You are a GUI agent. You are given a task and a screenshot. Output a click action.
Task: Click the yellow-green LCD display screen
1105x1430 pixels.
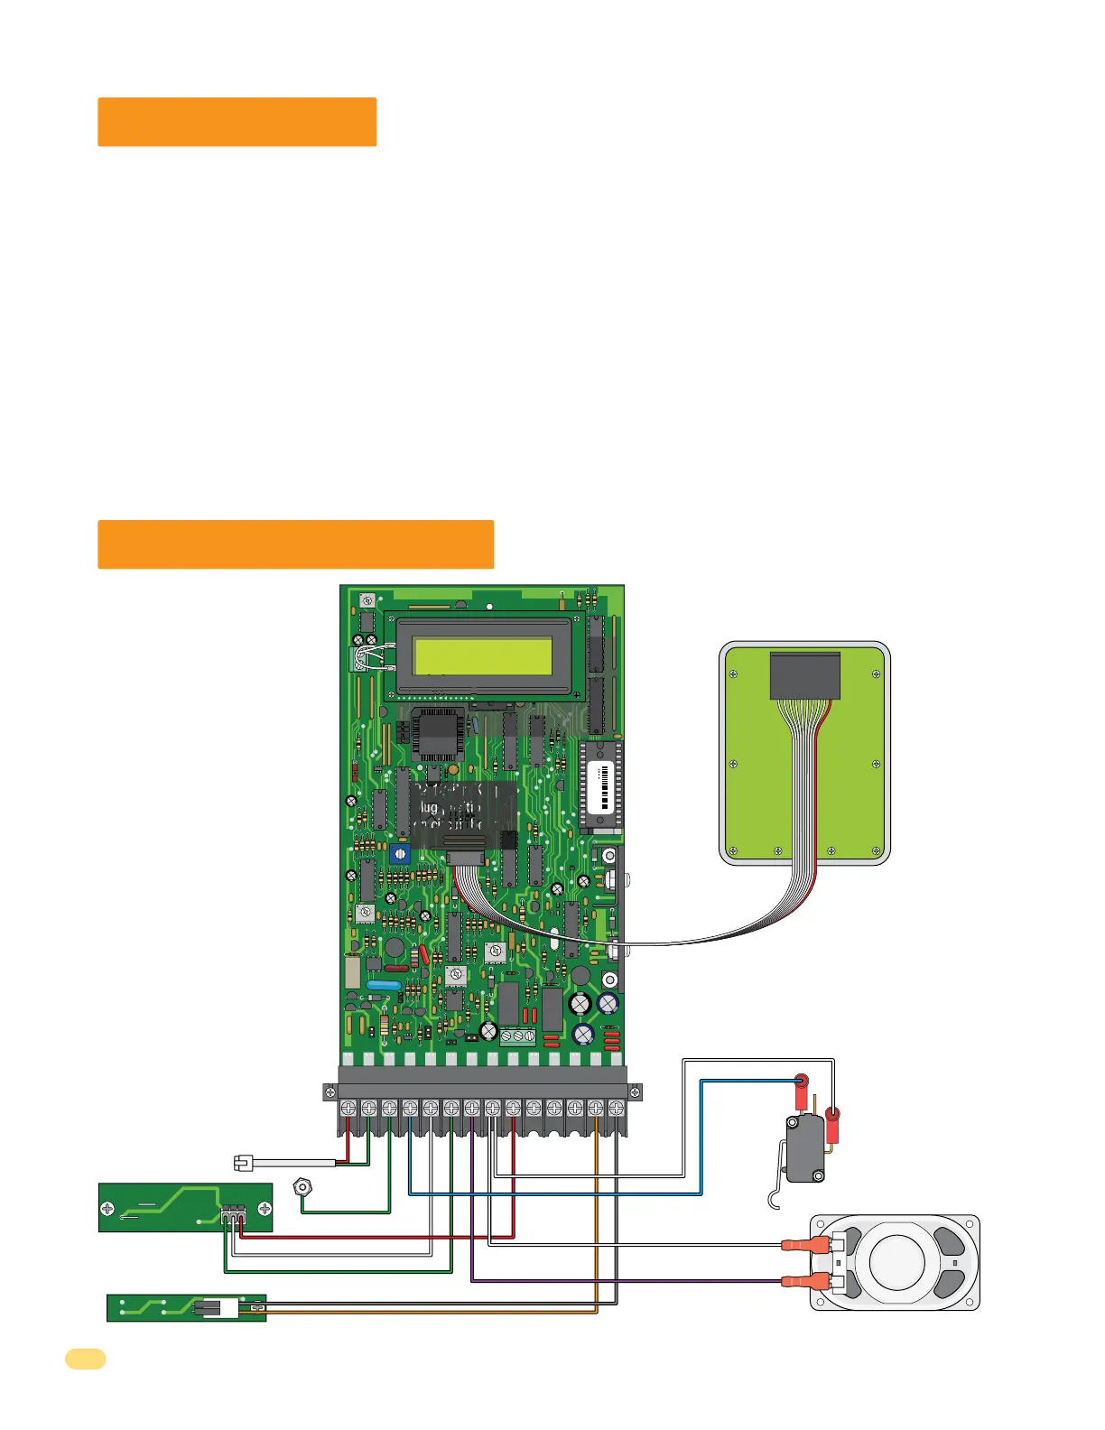(482, 655)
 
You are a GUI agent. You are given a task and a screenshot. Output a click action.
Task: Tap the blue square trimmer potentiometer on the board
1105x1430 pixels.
(400, 853)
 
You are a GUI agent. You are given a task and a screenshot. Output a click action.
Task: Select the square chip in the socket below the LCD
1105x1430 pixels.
(439, 733)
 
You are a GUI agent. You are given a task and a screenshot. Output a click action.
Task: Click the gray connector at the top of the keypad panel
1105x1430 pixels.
(804, 676)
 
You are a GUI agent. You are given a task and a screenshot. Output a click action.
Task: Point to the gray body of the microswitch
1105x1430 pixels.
(804, 1147)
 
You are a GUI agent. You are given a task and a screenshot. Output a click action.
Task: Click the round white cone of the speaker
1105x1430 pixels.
(895, 1261)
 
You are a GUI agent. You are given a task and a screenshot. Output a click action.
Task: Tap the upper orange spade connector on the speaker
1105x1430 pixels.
(802, 1244)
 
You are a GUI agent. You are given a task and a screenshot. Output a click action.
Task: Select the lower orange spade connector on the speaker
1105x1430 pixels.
(802, 1280)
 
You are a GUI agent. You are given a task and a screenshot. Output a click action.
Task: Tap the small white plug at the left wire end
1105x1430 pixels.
(243, 1163)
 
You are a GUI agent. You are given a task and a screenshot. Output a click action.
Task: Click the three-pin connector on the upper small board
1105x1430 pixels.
(233, 1214)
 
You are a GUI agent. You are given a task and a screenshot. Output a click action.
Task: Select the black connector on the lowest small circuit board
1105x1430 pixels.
(207, 1307)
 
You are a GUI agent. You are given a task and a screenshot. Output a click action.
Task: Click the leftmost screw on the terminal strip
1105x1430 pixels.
(348, 1107)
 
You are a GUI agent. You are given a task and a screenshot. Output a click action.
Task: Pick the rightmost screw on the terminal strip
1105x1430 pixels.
(617, 1107)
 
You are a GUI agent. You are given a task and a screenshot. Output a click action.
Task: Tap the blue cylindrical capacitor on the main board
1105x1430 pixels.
(385, 986)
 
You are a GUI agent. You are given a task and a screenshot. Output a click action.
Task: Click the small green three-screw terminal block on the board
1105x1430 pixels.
(517, 1036)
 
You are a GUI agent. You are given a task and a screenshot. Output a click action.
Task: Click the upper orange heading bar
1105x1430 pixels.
(237, 122)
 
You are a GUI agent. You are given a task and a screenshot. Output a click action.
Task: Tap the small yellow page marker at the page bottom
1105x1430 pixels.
(85, 1359)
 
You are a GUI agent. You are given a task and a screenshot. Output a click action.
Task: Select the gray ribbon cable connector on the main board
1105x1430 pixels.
(464, 858)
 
